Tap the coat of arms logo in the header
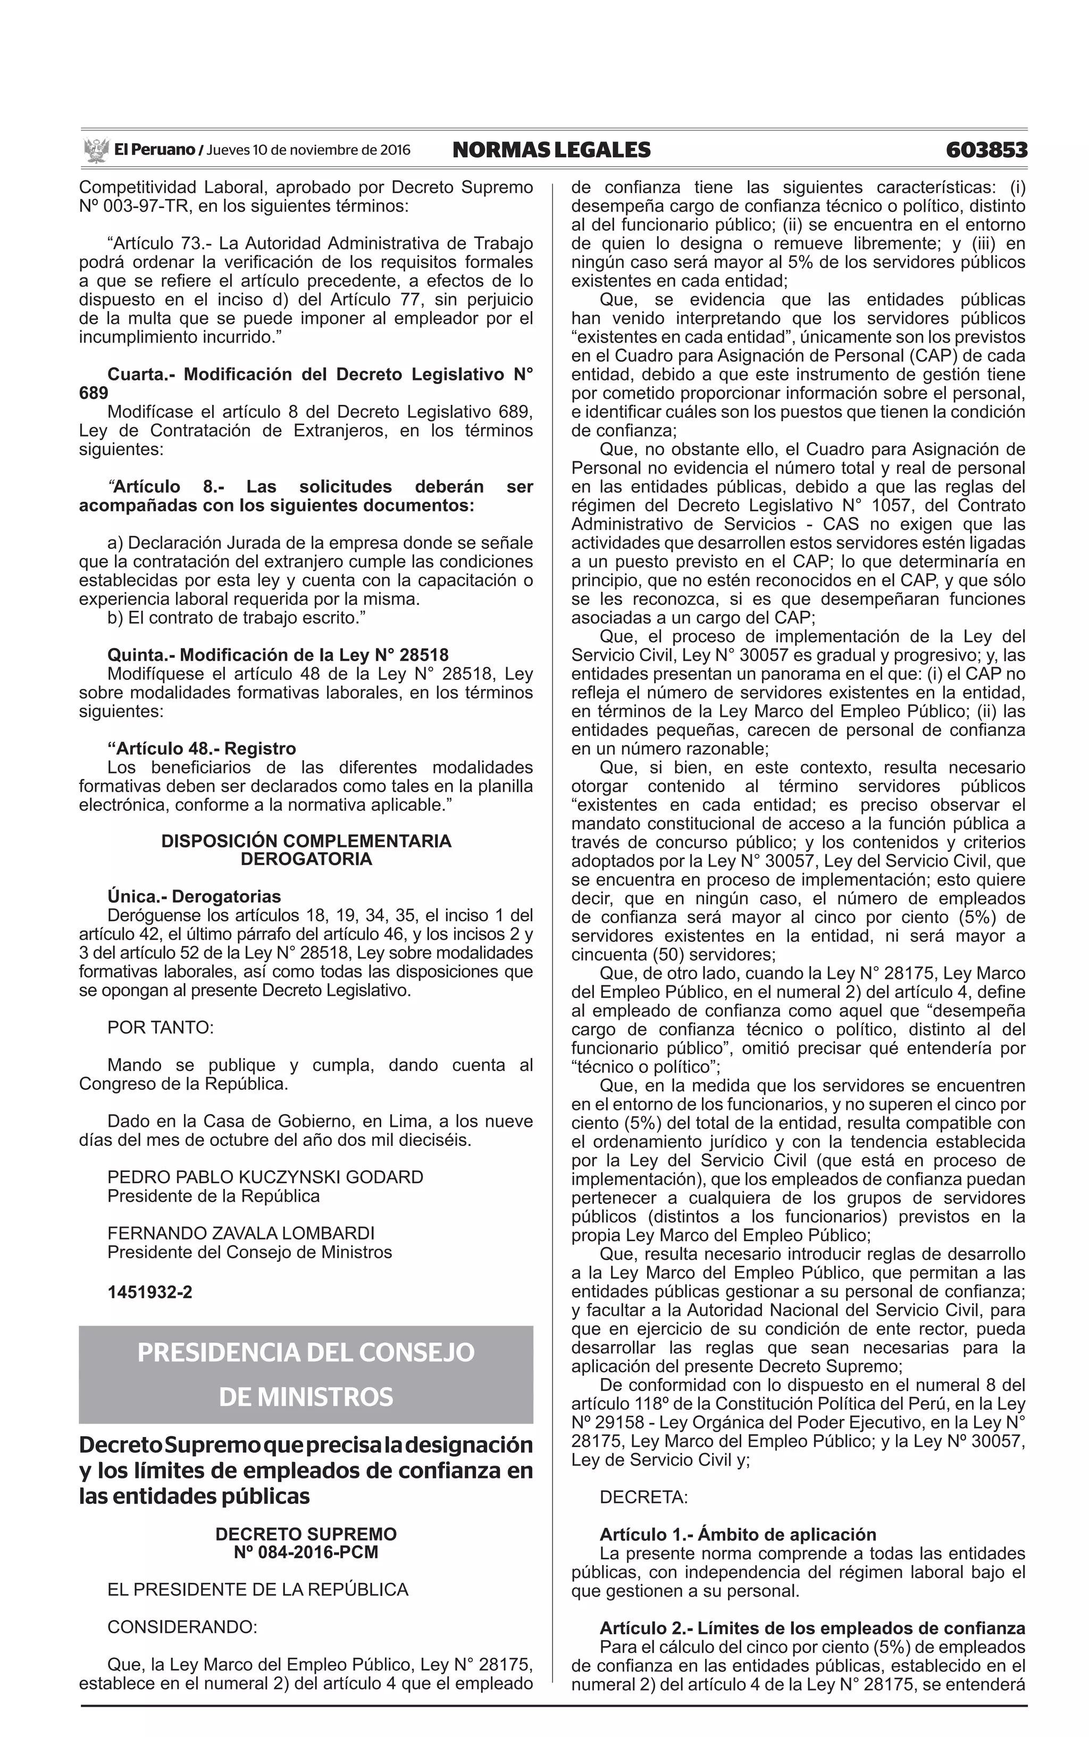coord(95,150)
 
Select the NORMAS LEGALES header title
coord(551,150)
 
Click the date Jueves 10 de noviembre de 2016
coord(308,150)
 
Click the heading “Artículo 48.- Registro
coord(202,749)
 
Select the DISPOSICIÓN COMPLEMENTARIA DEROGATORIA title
coord(306,850)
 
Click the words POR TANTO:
coord(161,1028)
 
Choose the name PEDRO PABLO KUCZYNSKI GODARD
coord(265,1178)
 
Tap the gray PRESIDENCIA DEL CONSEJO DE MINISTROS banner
coord(306,1375)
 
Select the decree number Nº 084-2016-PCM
coord(306,1552)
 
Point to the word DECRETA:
coord(643,1498)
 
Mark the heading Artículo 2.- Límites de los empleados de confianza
coord(812,1629)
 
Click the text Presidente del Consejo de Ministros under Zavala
coord(249,1253)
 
